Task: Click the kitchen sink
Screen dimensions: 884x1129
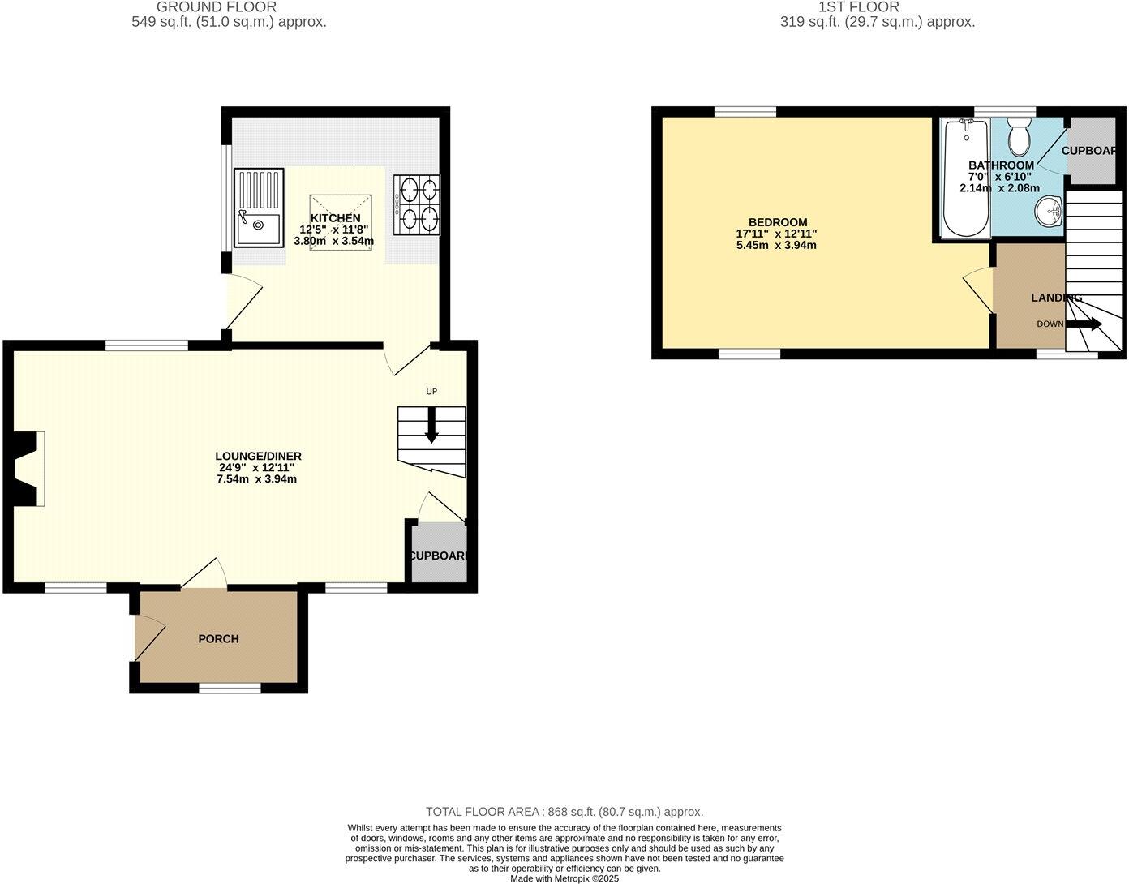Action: point(259,208)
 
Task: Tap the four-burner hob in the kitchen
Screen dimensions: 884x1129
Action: point(417,205)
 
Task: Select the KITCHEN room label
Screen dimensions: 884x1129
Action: point(335,218)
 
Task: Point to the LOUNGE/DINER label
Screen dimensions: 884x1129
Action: point(258,457)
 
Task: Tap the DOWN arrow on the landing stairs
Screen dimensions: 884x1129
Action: point(1084,324)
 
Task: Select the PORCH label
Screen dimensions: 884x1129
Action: point(219,639)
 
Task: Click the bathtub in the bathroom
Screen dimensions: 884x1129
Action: point(965,178)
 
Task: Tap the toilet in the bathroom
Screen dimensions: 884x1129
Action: point(1019,137)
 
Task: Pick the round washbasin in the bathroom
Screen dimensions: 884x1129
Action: point(1049,212)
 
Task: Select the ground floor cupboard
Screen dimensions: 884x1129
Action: point(439,554)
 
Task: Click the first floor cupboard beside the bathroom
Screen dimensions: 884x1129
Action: point(1093,151)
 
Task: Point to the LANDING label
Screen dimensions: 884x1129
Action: point(1056,298)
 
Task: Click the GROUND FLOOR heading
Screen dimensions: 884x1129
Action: point(228,7)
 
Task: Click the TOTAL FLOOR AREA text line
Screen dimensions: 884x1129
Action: point(564,812)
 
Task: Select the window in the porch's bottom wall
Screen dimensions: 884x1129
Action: point(230,689)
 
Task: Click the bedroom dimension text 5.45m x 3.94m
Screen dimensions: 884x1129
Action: point(776,245)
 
